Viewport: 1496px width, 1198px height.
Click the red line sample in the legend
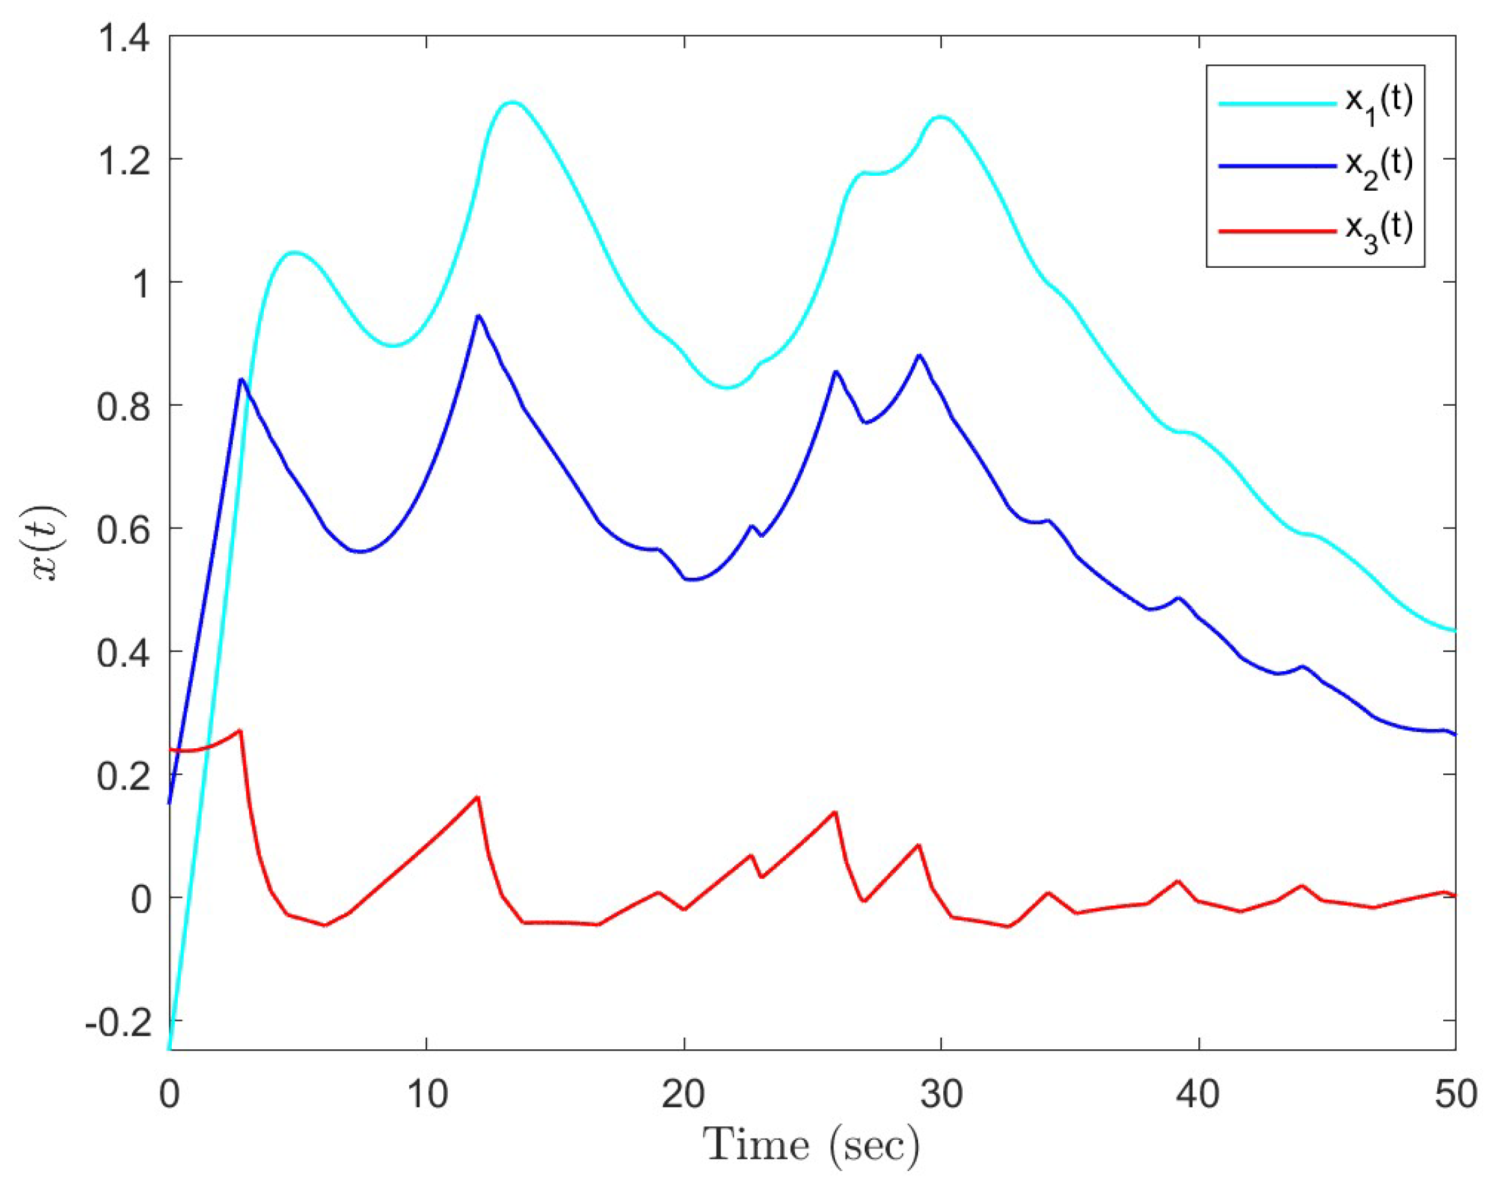point(1277,229)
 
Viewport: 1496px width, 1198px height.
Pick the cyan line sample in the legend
point(1277,104)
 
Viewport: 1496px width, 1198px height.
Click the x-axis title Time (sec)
point(811,1146)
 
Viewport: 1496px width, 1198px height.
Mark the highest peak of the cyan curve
point(512,103)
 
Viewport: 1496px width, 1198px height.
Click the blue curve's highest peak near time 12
point(478,317)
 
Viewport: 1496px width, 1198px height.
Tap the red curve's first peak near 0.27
point(240,731)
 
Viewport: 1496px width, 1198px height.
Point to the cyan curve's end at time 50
point(1454,630)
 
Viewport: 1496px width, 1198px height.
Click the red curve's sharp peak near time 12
point(478,797)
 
